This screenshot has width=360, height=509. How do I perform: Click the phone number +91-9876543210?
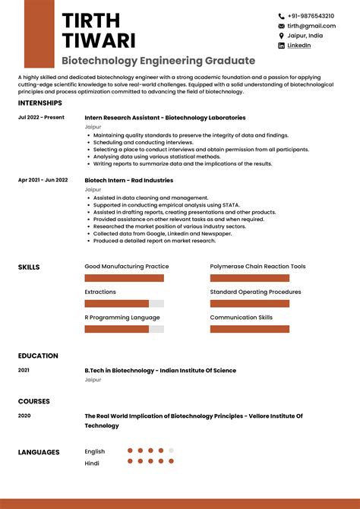click(311, 16)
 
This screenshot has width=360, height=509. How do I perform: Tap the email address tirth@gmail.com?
click(306, 26)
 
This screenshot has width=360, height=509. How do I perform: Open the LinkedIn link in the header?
click(298, 46)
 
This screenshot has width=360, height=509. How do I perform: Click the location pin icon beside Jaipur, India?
click(281, 36)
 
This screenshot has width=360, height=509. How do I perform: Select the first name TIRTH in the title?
click(90, 21)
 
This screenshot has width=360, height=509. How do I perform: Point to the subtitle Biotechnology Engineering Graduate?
click(158, 61)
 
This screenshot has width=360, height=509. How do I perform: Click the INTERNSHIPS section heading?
click(39, 103)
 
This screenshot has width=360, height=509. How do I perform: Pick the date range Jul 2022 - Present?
click(41, 118)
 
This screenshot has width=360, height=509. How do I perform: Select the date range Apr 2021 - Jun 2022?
click(43, 180)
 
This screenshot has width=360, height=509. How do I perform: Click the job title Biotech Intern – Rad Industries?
click(128, 180)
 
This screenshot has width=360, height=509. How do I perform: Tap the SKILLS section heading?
click(29, 267)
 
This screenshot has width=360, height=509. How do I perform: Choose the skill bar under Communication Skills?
click(249, 329)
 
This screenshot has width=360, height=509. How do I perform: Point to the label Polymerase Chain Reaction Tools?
click(257, 267)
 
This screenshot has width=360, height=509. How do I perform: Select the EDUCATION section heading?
click(38, 356)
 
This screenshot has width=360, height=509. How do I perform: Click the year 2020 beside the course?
click(24, 416)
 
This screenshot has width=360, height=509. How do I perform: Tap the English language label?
click(95, 451)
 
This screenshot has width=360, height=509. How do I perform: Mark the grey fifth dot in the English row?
click(171, 451)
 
